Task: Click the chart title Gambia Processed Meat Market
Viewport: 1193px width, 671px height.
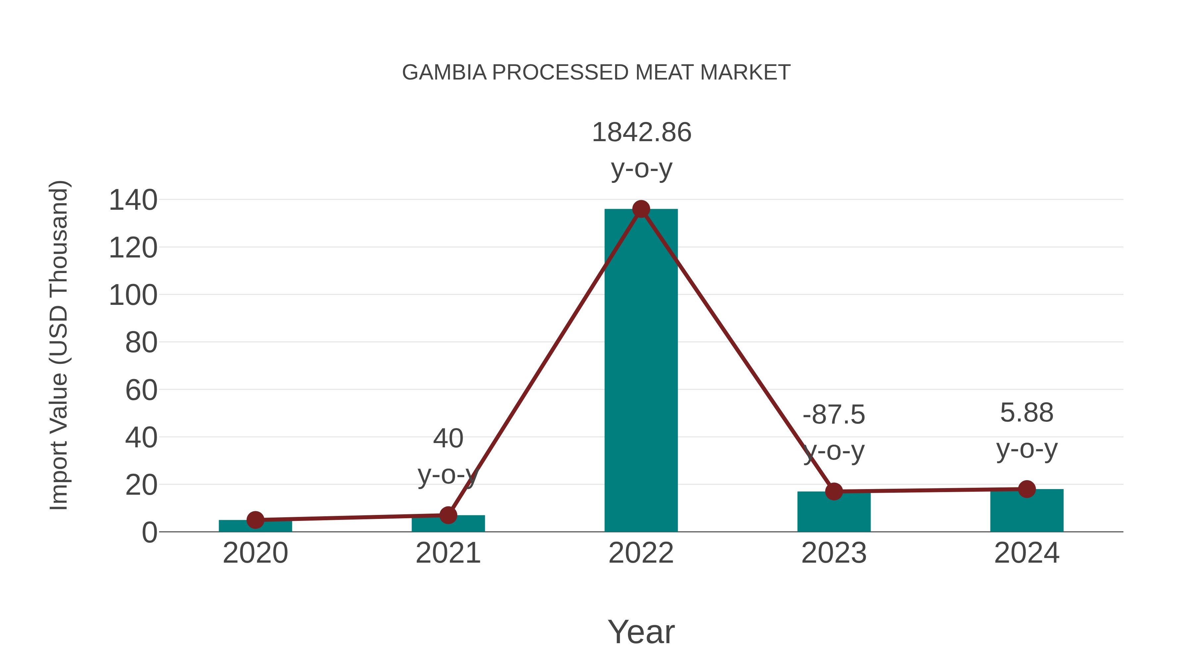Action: (x=596, y=73)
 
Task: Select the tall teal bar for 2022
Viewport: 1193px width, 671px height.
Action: (x=641, y=370)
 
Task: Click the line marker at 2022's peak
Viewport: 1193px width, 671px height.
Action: (x=641, y=209)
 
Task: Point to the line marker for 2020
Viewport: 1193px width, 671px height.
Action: (x=255, y=520)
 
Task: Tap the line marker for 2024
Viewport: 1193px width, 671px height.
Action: (x=1027, y=489)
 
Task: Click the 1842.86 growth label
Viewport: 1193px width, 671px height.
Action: (x=642, y=133)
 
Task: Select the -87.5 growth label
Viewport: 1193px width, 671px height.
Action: (x=834, y=415)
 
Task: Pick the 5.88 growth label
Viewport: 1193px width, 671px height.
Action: (x=1027, y=413)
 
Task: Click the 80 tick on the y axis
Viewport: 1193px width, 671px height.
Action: (x=141, y=343)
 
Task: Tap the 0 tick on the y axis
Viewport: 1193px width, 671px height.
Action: (x=149, y=532)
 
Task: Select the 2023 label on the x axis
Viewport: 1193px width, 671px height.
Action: (x=834, y=553)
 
